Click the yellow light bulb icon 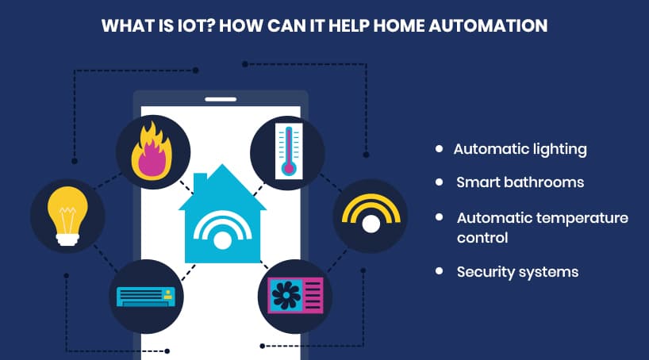click(67, 214)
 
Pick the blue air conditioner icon click(146, 297)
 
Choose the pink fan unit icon click(295, 295)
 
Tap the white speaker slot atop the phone click(221, 99)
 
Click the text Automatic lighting click(520, 148)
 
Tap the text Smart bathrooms click(520, 182)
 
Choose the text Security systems click(517, 272)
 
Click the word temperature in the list click(586, 217)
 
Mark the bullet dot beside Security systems click(439, 271)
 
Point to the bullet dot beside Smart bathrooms click(439, 182)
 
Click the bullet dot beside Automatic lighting click(439, 148)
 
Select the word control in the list click(482, 237)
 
